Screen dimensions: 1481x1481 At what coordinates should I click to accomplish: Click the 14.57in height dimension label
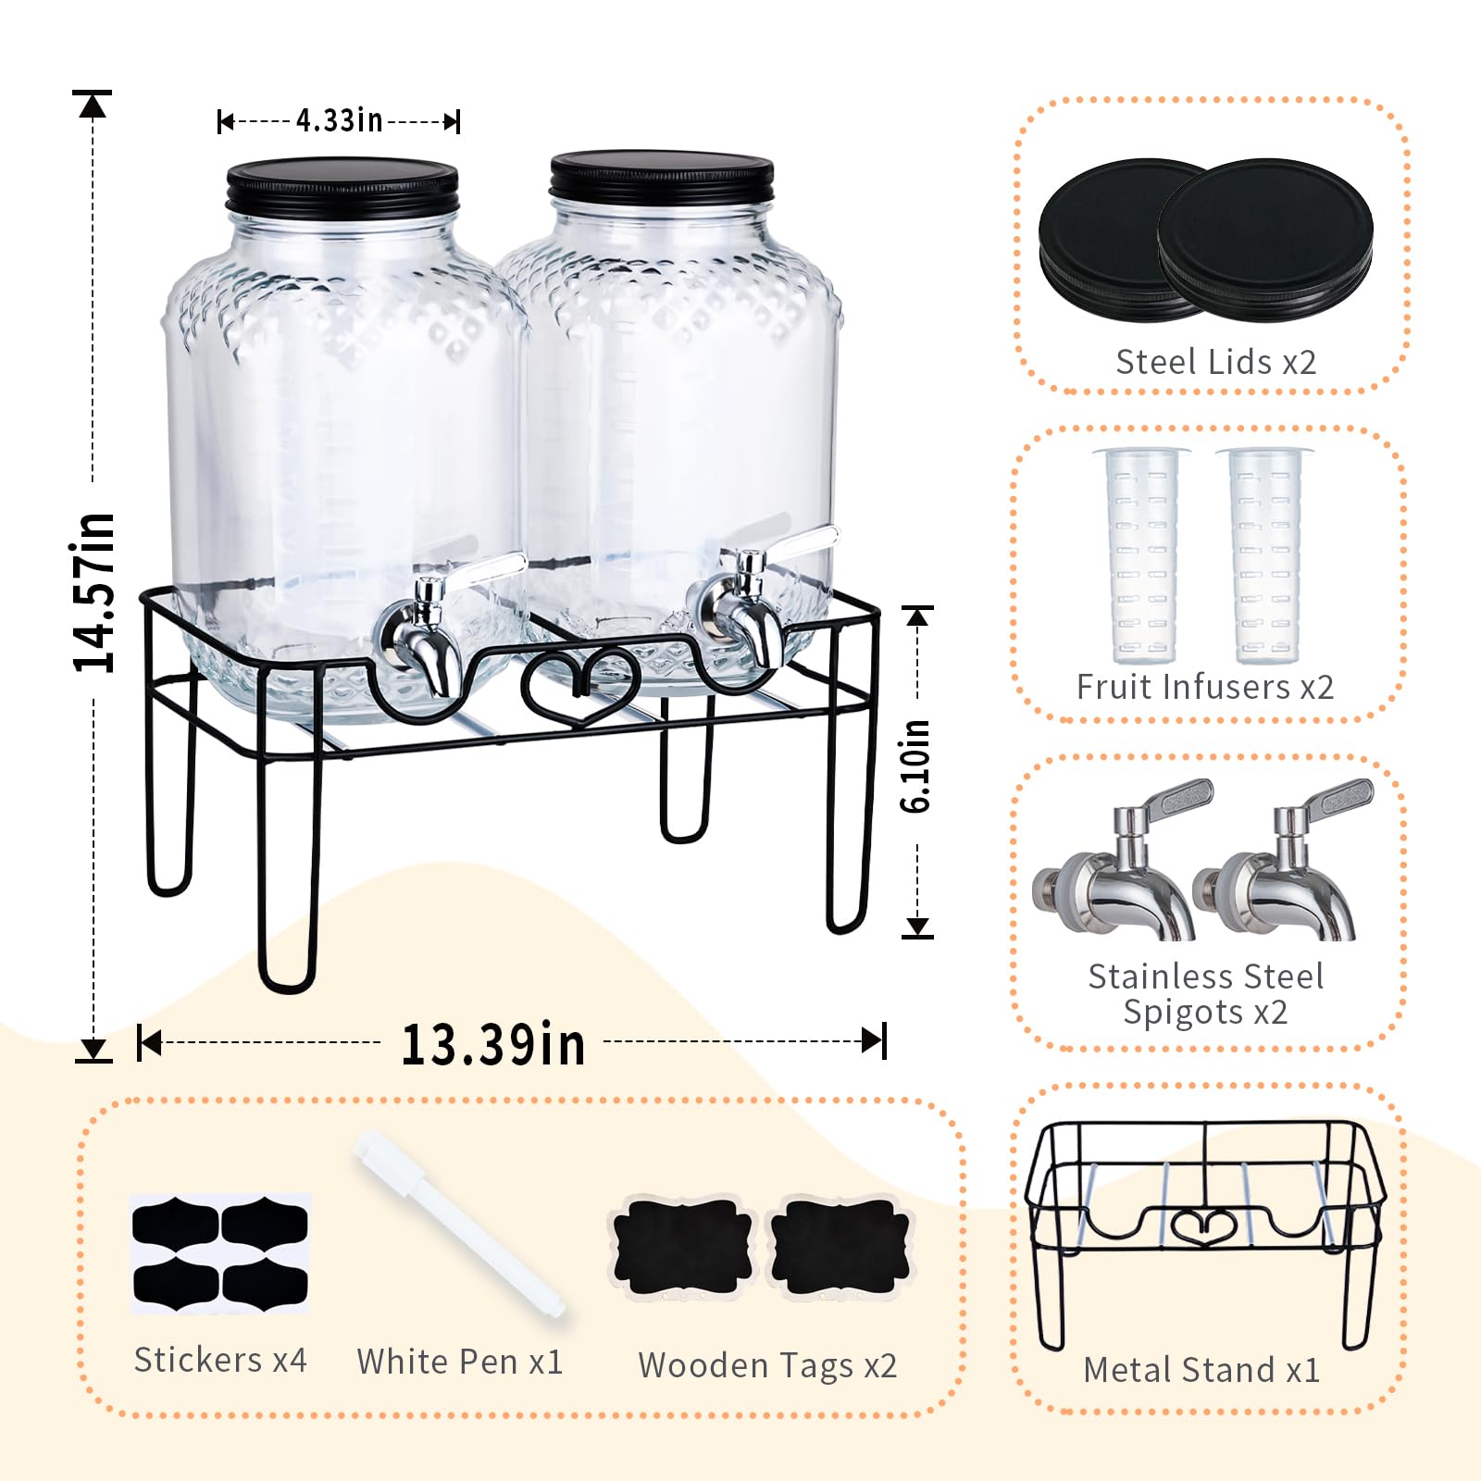[94, 592]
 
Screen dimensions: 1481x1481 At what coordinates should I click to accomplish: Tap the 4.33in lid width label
[339, 120]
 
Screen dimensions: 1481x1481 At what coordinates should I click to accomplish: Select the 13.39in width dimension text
[492, 1045]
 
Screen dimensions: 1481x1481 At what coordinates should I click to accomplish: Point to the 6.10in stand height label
[915, 766]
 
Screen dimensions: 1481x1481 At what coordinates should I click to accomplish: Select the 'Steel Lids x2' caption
[1215, 362]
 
